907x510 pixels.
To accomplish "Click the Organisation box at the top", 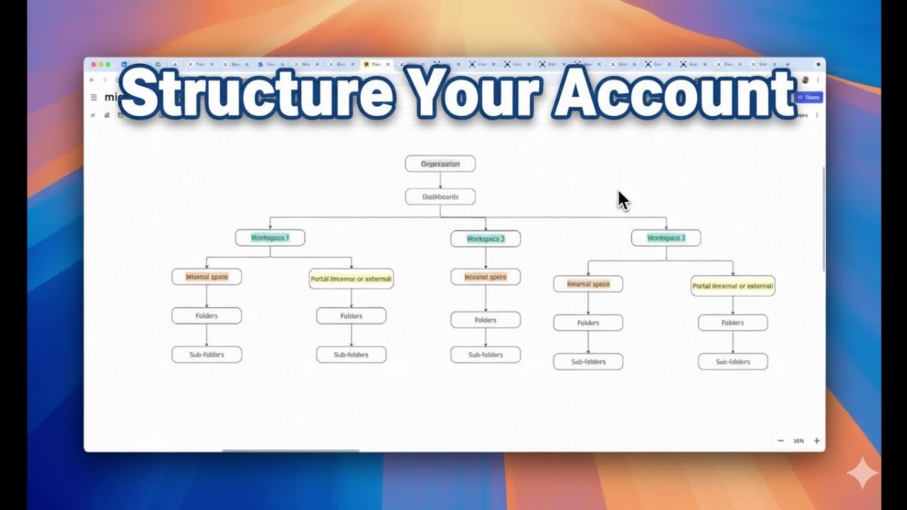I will [440, 164].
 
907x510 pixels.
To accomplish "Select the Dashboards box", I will [440, 197].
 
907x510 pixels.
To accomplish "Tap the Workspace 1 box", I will [270, 238].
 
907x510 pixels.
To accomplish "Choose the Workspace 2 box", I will [485, 239].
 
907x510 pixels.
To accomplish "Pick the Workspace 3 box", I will [666, 238].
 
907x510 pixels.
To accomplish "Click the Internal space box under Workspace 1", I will [206, 277].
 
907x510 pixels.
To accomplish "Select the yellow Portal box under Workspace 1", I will [351, 279].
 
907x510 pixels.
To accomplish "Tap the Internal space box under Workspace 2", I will [485, 277].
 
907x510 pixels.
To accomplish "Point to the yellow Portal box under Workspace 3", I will [733, 286].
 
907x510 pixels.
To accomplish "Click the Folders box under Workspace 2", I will [485, 320].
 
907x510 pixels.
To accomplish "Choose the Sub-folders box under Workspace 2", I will [485, 355].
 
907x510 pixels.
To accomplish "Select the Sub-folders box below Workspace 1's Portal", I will [351, 355].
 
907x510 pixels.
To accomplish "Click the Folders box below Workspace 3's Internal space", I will [588, 323].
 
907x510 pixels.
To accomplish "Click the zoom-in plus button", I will [816, 441].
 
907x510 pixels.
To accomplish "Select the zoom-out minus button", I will [780, 441].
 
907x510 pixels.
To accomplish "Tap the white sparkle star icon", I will [862, 472].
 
